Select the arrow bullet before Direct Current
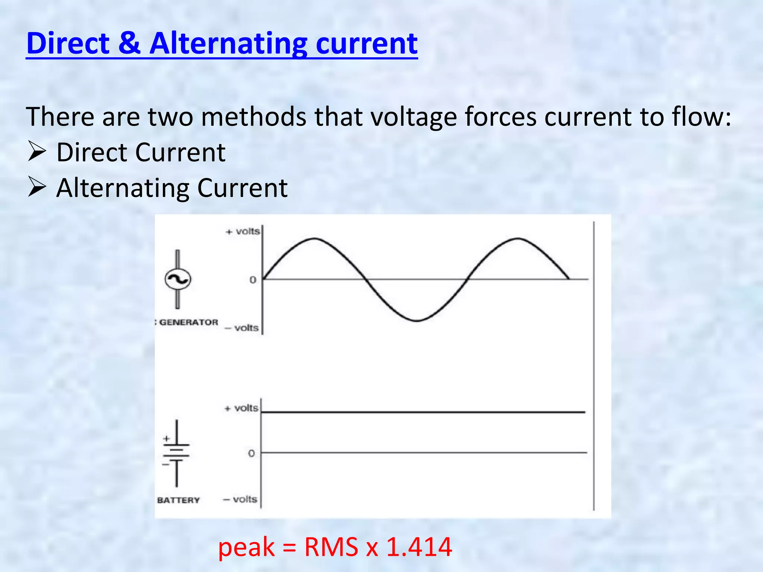coord(37,152)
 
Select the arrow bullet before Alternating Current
coord(37,187)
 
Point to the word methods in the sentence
coord(254,117)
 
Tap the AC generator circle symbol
coord(178,279)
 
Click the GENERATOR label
coord(188,322)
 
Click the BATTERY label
coord(178,500)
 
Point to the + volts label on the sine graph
coord(243,232)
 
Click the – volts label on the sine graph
coord(242,328)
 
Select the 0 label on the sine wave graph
coord(253,280)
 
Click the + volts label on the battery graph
coord(241,408)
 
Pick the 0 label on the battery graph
coord(251,454)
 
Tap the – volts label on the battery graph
coord(240,499)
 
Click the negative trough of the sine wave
coord(417,320)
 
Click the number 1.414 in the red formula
coord(419,547)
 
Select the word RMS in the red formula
coord(331,547)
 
